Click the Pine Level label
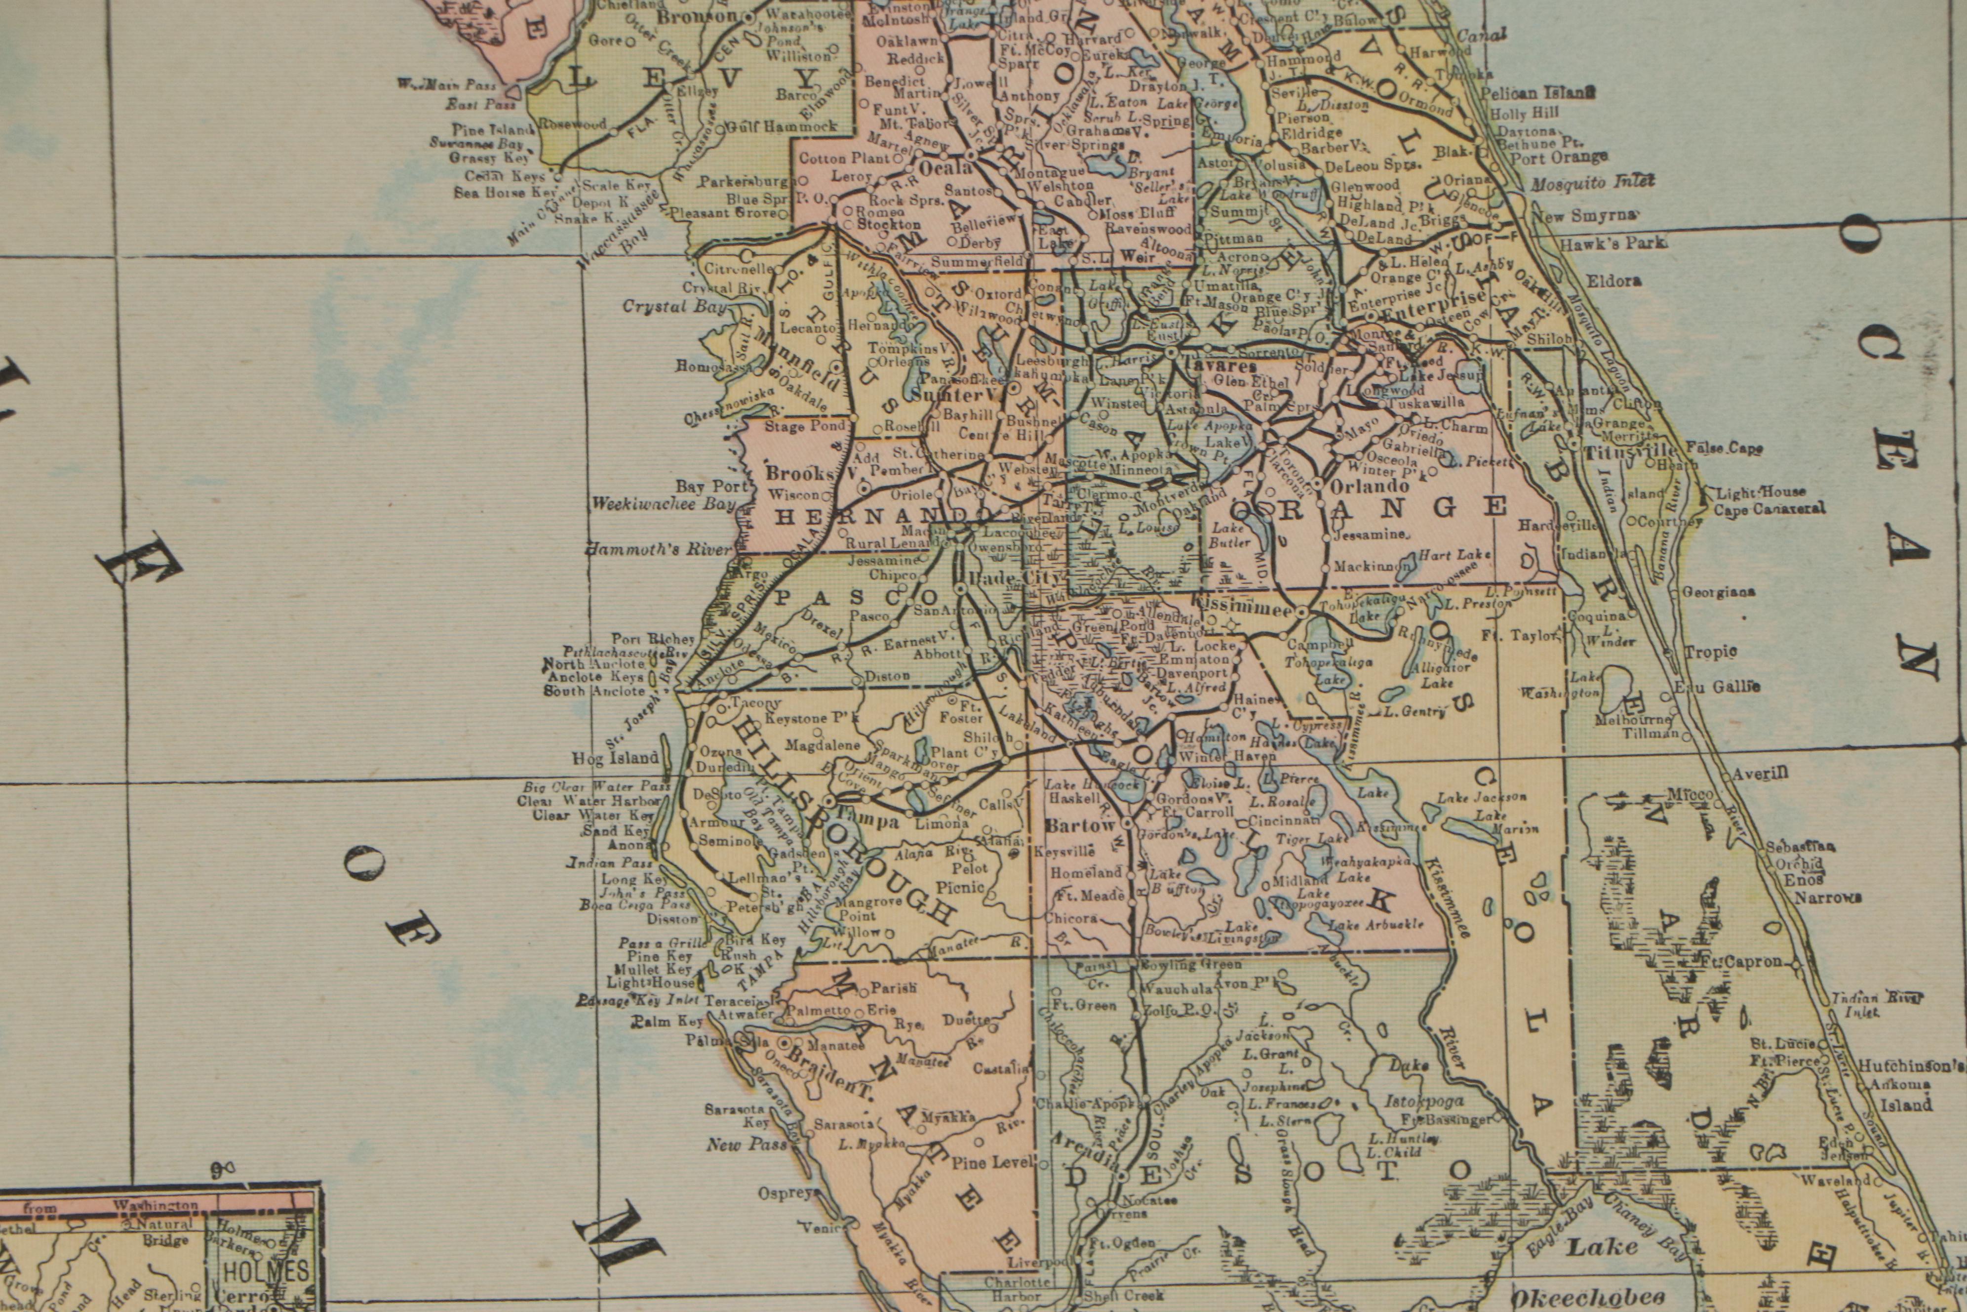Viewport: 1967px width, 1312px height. click(999, 1162)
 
